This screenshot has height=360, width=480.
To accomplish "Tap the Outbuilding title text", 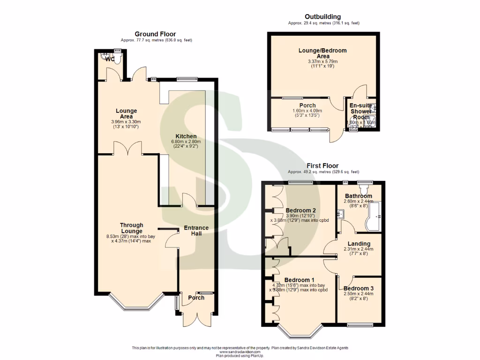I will click(x=323, y=17).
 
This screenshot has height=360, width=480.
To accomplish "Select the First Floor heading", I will click(x=323, y=165).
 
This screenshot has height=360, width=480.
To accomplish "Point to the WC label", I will click(x=109, y=60).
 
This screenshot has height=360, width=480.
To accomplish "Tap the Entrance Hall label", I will click(x=196, y=231).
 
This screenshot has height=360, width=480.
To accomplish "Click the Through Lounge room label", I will click(x=131, y=228).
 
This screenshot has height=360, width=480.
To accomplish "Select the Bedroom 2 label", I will click(x=300, y=210).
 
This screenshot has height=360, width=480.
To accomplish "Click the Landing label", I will click(x=359, y=243).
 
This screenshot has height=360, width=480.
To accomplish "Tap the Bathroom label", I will click(x=359, y=196).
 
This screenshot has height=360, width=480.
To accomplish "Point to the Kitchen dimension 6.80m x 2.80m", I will click(x=187, y=141).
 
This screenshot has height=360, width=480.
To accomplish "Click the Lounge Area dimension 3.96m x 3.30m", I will click(x=127, y=122).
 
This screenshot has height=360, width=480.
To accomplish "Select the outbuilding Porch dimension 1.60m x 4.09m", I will click(x=307, y=111).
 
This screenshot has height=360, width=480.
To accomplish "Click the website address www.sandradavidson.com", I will click(x=240, y=352).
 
